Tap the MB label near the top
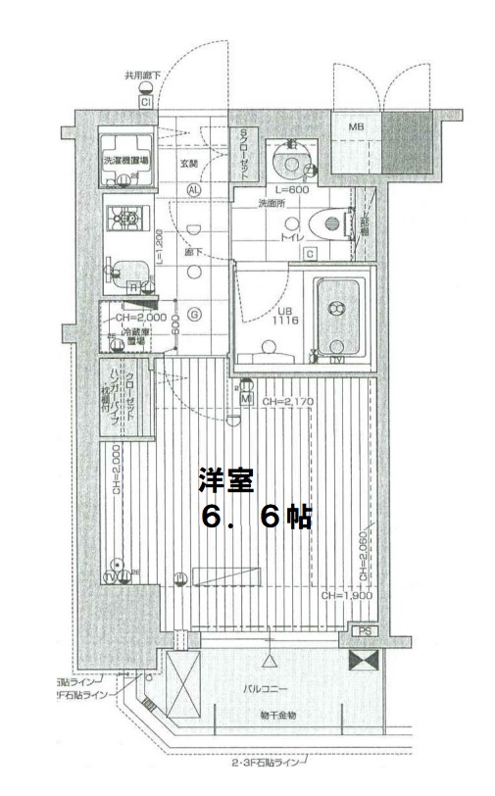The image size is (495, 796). tap(350, 126)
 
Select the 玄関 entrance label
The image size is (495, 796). tap(189, 165)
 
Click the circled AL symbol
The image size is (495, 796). tap(194, 189)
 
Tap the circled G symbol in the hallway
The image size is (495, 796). tap(194, 315)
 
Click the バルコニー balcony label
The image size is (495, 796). tap(265, 689)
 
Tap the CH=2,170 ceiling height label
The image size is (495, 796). tap(287, 402)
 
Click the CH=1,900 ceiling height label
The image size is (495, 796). tap(344, 596)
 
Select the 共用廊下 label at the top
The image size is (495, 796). tap(143, 74)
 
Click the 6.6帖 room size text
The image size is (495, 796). tap(256, 518)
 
